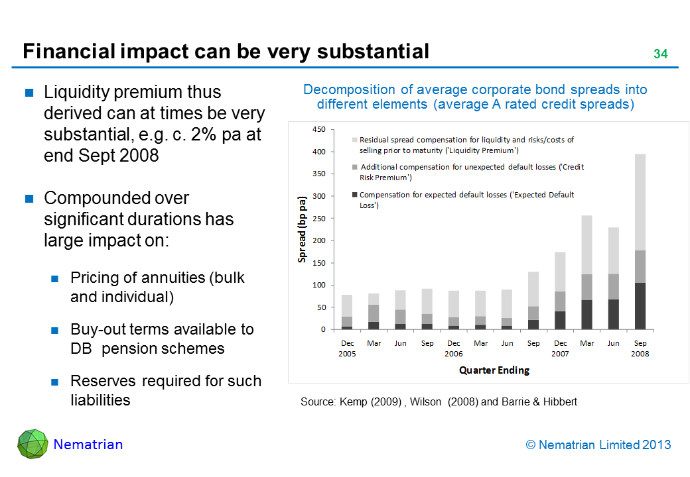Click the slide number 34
click(x=660, y=54)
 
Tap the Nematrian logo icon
click(x=32, y=444)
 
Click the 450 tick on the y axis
click(x=318, y=130)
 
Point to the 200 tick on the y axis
click(x=318, y=240)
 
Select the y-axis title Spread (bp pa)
click(x=303, y=229)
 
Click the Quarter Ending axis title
click(x=494, y=370)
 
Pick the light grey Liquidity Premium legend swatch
click(x=355, y=140)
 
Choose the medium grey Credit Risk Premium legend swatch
click(x=355, y=167)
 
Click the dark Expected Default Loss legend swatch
click(x=355, y=195)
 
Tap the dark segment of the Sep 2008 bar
click(x=640, y=306)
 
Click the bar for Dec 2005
click(x=347, y=311)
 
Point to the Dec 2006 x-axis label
click(x=454, y=348)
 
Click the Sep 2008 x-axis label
click(x=640, y=348)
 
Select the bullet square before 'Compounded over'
click(x=30, y=199)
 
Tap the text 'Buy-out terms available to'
click(x=162, y=329)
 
